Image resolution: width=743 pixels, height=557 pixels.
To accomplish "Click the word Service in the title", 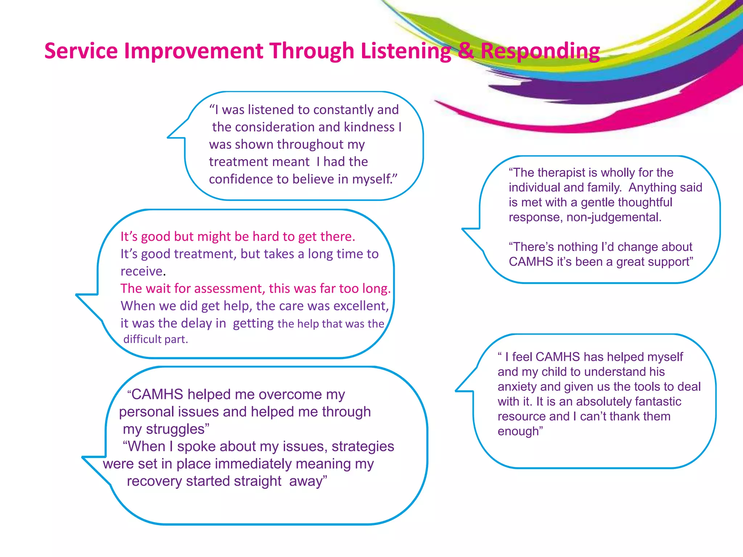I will (81, 51).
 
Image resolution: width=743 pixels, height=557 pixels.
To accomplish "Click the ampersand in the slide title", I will (465, 51).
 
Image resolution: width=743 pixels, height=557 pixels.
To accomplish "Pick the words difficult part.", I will (156, 339).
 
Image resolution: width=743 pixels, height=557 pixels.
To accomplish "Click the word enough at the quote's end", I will (519, 432).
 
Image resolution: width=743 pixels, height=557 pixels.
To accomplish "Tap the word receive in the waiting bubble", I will (141, 271).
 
